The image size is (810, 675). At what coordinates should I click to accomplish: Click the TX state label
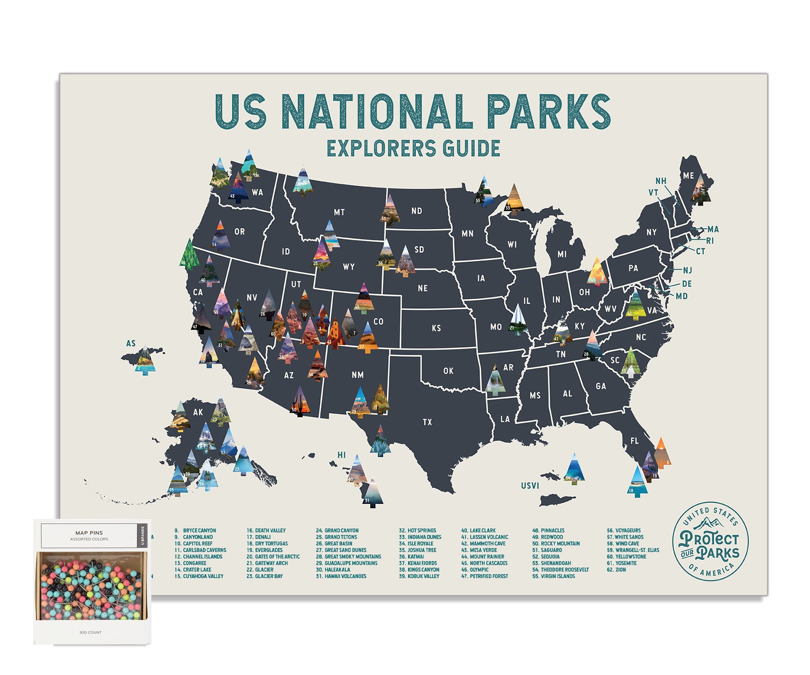click(x=427, y=422)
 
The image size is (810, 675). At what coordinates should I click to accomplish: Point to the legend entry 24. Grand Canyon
click(x=337, y=531)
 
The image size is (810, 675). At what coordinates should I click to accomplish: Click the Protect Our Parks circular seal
click(x=710, y=543)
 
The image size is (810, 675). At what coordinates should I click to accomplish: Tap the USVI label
click(x=530, y=486)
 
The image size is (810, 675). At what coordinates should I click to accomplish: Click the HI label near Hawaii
click(x=342, y=455)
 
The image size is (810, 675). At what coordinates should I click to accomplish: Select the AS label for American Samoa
click(x=131, y=344)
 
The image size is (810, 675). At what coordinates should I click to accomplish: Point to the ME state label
click(x=688, y=176)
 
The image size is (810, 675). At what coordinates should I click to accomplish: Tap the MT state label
click(x=339, y=212)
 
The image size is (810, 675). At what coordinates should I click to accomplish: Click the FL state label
click(x=634, y=441)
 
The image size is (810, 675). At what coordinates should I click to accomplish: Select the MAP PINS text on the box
click(x=89, y=533)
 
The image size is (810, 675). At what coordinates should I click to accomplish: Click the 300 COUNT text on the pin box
click(x=90, y=632)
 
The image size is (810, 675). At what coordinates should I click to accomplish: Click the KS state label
click(x=436, y=328)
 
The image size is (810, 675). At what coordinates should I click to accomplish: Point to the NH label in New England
click(x=660, y=181)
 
